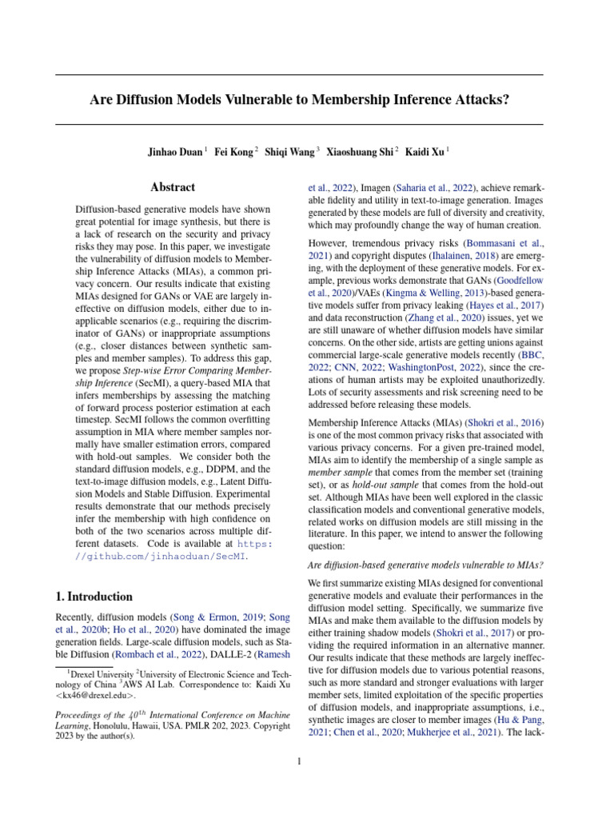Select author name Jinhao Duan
tap(174, 150)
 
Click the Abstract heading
tap(173, 187)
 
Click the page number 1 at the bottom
tap(299, 761)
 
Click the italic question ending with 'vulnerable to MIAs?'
tap(426, 565)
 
